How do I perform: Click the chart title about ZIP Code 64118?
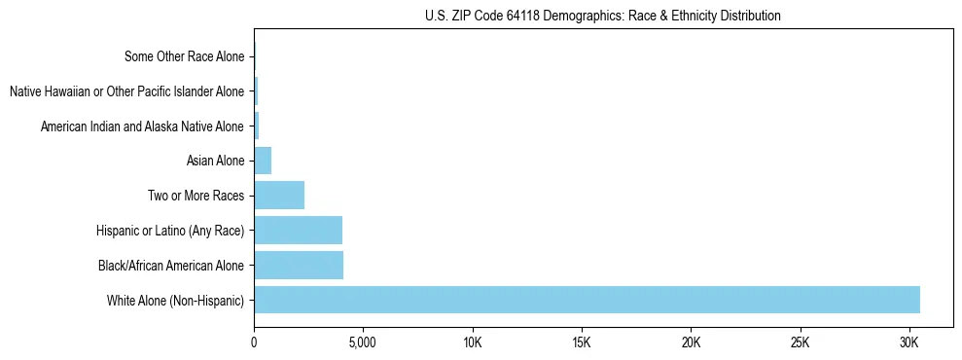pos(603,16)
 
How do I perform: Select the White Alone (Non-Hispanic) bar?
pos(587,300)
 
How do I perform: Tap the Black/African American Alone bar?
pos(299,265)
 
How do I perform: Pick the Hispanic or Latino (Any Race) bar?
pos(298,231)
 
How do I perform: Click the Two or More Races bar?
pos(279,196)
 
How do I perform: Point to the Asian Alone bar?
pos(263,161)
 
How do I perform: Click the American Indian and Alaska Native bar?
pos(257,126)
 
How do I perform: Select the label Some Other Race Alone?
pos(185,56)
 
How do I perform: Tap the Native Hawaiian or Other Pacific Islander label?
pos(126,91)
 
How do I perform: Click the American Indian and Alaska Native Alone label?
pos(142,126)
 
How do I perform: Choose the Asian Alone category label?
pos(215,161)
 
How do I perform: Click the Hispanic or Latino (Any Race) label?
pos(170,231)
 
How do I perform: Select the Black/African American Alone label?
pos(171,265)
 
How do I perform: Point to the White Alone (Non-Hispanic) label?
pos(176,300)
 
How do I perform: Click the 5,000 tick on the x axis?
pos(362,343)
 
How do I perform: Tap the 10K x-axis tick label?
pos(473,343)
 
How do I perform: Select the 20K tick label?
pos(691,343)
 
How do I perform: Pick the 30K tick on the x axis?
pos(909,343)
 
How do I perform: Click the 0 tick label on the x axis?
pos(254,343)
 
